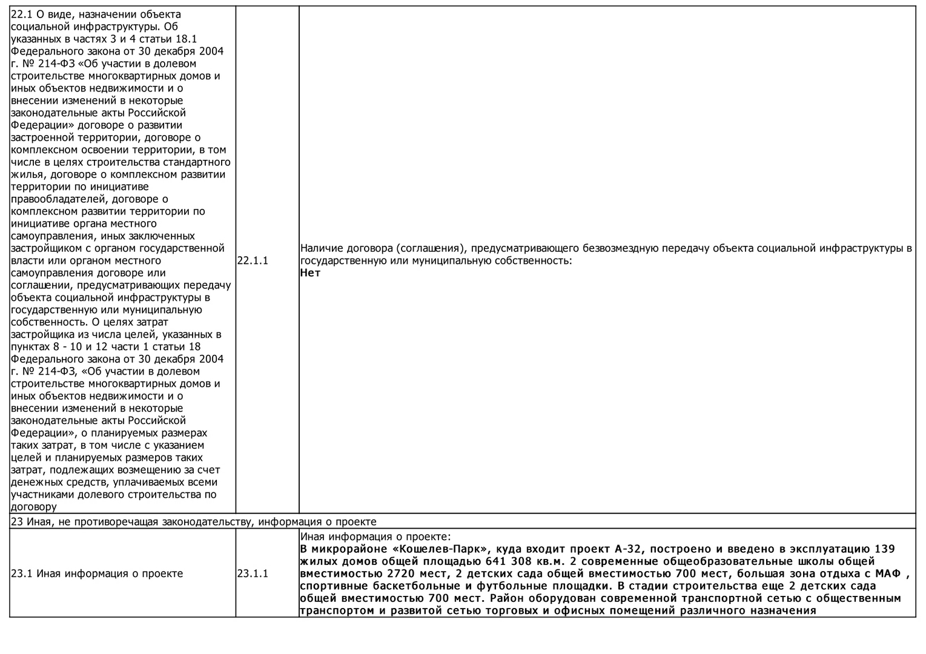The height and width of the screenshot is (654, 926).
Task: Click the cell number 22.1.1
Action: pyautogui.click(x=253, y=260)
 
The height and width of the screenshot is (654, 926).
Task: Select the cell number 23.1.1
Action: pyautogui.click(x=253, y=573)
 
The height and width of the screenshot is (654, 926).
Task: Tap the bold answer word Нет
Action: pyautogui.click(x=310, y=272)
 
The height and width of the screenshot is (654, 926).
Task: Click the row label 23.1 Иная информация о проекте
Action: pyautogui.click(x=97, y=573)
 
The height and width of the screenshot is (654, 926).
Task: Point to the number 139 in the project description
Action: pyautogui.click(x=885, y=549)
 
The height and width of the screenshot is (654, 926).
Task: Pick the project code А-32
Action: pyautogui.click(x=631, y=549)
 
